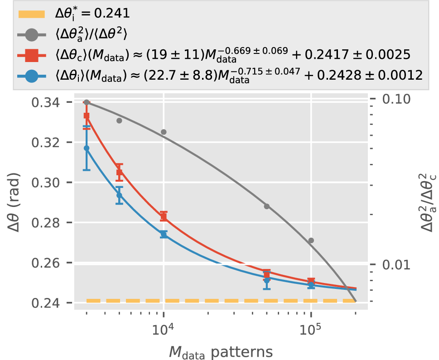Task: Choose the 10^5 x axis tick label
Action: (311, 328)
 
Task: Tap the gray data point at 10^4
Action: (164, 132)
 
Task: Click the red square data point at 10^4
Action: (164, 217)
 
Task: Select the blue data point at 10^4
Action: (164, 234)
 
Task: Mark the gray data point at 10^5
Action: (311, 240)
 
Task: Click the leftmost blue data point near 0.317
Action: (87, 148)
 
